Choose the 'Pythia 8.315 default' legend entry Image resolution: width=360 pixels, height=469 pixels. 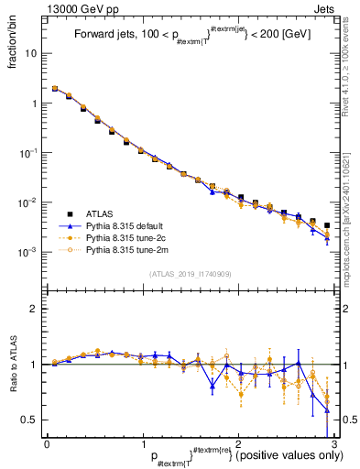pyautogui.click(x=131, y=225)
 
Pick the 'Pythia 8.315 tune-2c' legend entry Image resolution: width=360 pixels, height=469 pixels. pyautogui.click(x=132, y=237)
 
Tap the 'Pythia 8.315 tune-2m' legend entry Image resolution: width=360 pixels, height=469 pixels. pyautogui.click(x=133, y=249)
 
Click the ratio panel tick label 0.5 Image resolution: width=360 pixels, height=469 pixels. pyautogui.click(x=29, y=420)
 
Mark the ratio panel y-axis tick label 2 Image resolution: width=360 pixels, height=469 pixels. pyautogui.click(x=34, y=309)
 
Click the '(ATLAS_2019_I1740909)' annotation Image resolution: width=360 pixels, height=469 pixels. pyautogui.click(x=190, y=273)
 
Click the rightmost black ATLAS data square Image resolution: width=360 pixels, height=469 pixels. pyautogui.click(x=326, y=224)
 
